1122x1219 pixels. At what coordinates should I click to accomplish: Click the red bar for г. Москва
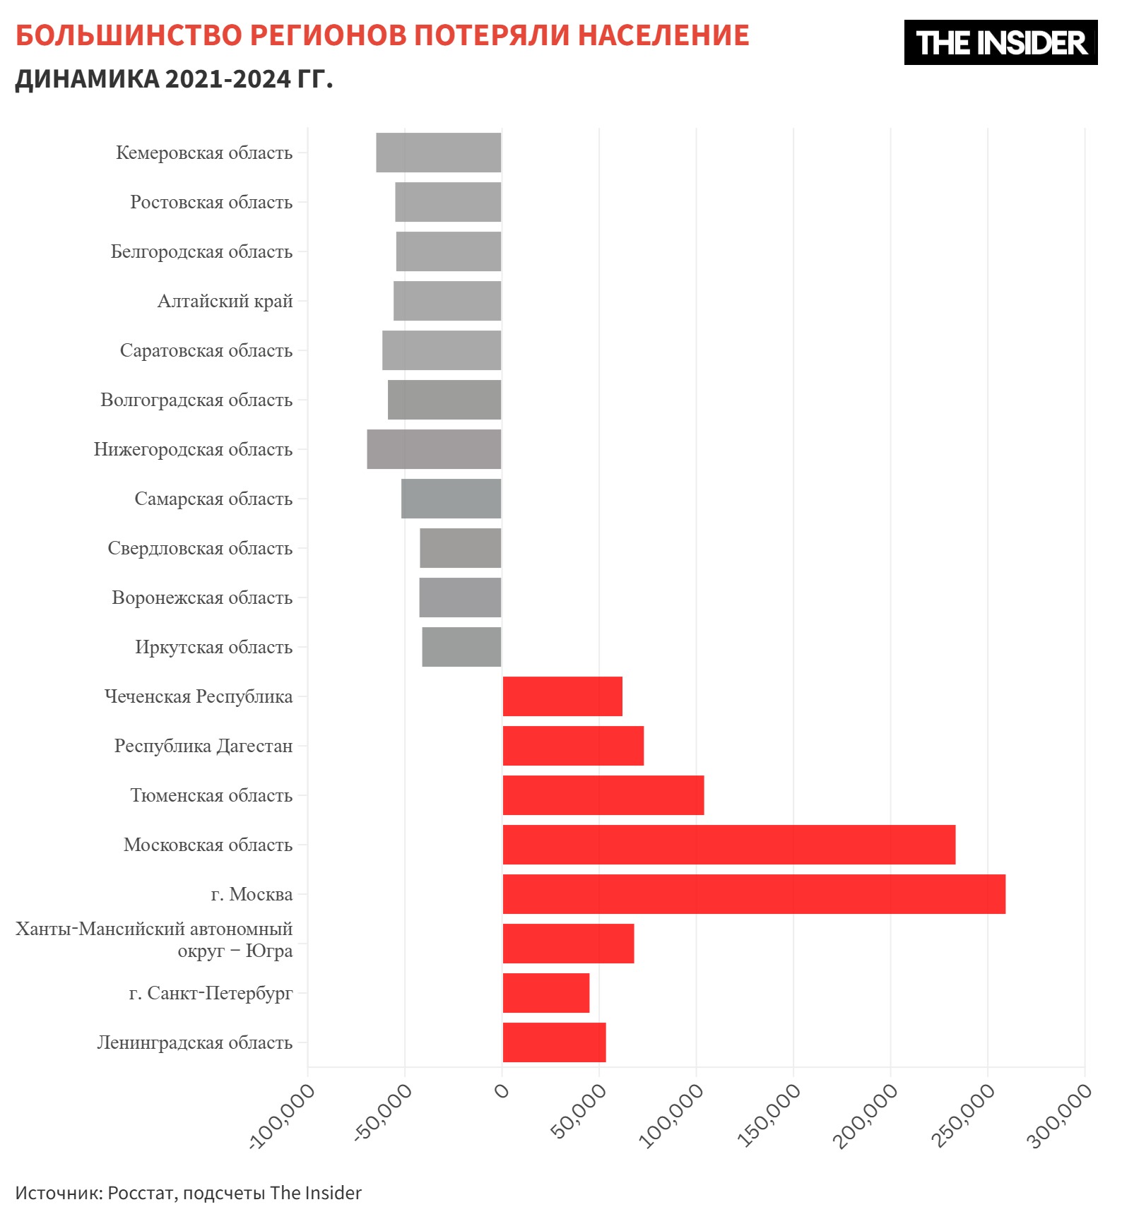click(753, 894)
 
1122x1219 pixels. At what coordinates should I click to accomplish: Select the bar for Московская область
click(728, 845)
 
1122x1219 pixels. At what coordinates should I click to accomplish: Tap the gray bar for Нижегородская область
click(434, 449)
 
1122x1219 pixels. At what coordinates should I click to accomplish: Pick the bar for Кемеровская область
click(438, 153)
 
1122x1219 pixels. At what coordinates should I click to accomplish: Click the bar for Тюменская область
click(603, 795)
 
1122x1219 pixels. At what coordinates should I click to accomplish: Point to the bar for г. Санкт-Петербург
click(545, 993)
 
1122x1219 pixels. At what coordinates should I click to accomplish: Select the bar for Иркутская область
click(461, 647)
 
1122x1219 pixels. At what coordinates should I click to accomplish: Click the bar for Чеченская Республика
click(562, 696)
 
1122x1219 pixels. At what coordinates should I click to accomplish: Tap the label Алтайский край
click(225, 302)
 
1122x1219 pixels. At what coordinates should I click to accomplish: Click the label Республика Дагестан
click(203, 747)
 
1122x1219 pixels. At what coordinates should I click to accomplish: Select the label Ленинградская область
click(194, 1043)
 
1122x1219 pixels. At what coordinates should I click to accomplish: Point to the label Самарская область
click(213, 499)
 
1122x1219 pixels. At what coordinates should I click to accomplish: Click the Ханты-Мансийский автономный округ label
click(154, 940)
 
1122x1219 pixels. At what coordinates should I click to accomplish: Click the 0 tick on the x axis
click(502, 1092)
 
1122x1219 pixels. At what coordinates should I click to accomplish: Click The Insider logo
click(1000, 42)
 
